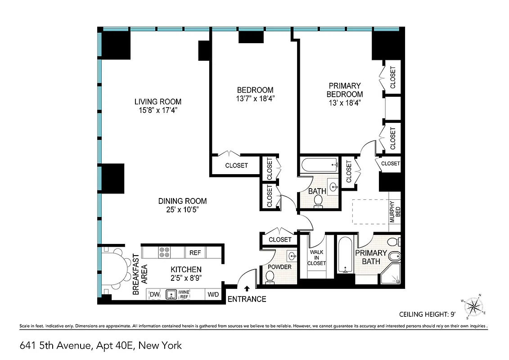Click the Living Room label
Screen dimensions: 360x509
[157, 101]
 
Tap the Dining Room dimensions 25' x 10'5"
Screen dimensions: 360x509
[182, 210]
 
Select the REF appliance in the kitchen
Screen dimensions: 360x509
[195, 253]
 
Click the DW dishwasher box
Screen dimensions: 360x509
[154, 294]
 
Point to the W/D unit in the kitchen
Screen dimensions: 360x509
[212, 295]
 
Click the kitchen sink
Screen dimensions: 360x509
[171, 294]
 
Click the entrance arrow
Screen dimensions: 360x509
[246, 288]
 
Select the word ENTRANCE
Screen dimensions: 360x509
[247, 299]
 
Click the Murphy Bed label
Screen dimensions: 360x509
[394, 211]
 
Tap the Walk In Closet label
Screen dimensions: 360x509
[316, 257]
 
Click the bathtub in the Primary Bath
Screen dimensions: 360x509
[345, 255]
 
